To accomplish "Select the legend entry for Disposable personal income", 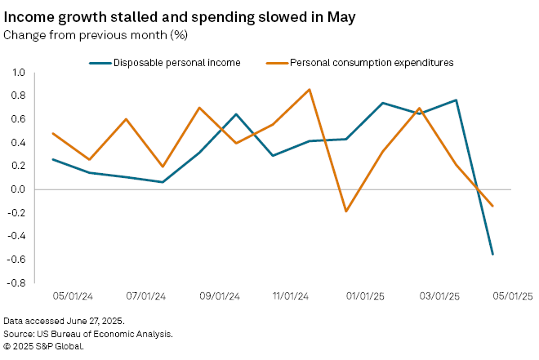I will click(176, 62).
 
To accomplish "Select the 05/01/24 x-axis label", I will click(73, 296).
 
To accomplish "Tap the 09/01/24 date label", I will click(219, 296).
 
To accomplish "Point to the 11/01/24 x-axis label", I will click(291, 296).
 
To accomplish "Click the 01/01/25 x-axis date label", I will click(364, 296).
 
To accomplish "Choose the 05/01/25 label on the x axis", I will click(512, 296).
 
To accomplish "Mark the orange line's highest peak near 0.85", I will click(310, 89).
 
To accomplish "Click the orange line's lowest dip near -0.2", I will click(346, 211).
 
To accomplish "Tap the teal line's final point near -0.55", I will click(492, 254).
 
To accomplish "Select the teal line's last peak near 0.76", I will click(456, 100).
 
